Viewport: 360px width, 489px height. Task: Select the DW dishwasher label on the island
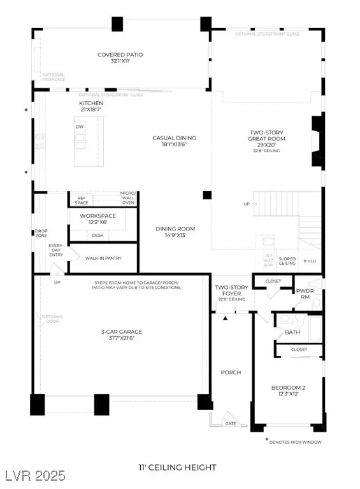(80, 127)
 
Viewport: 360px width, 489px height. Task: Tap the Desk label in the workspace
(97, 235)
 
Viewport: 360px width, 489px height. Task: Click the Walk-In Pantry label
(103, 258)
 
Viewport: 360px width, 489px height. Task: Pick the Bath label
(292, 332)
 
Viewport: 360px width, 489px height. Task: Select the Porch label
(231, 372)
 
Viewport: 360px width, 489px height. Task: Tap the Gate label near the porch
(230, 423)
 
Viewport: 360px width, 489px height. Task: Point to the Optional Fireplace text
(54, 78)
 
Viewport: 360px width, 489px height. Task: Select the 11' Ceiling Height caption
(176, 467)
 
